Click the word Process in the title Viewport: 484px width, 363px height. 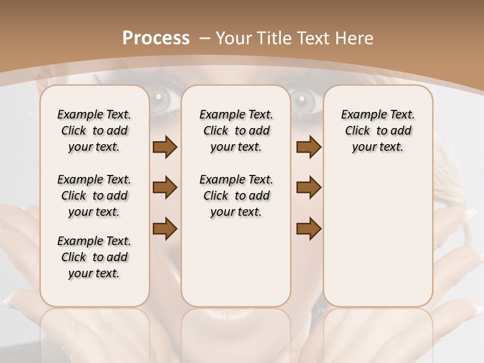[156, 38]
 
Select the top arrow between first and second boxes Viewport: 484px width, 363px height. [165, 147]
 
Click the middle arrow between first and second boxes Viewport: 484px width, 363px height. [165, 188]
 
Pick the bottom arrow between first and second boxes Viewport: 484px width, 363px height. [165, 229]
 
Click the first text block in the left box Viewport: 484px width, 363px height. [94, 131]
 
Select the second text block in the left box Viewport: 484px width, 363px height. [94, 196]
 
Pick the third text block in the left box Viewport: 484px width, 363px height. [94, 257]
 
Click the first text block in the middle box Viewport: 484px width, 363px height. [236, 131]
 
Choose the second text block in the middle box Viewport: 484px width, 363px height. [236, 196]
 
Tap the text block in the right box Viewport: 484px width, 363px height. [378, 131]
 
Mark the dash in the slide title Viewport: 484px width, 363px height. [205, 38]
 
